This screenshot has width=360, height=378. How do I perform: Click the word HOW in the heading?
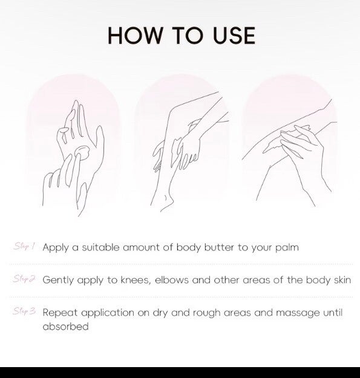(x=136, y=36)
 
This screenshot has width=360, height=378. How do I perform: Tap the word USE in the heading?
(x=234, y=36)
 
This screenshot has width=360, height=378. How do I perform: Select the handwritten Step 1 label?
(x=24, y=246)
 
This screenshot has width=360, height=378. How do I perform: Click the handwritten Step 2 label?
(x=24, y=279)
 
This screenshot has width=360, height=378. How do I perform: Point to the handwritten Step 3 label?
(x=24, y=311)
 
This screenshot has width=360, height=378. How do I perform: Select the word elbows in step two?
(x=172, y=280)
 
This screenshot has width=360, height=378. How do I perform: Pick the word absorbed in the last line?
(x=65, y=327)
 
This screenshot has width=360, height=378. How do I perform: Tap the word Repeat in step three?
(x=60, y=313)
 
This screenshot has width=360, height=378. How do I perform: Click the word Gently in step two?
(x=58, y=281)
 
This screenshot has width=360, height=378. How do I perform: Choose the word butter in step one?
(x=219, y=247)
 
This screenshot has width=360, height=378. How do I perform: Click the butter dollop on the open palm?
(x=82, y=153)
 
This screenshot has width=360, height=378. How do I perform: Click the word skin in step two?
(x=342, y=280)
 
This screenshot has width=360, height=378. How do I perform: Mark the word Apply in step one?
(x=56, y=247)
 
